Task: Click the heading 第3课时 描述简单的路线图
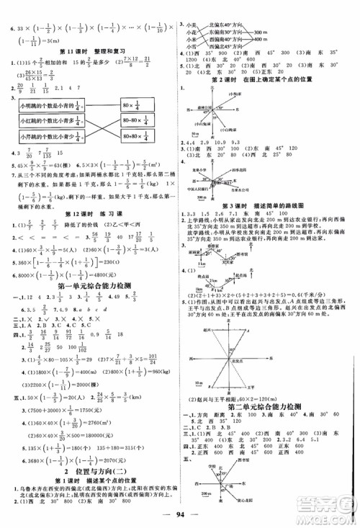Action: click(x=263, y=205)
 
